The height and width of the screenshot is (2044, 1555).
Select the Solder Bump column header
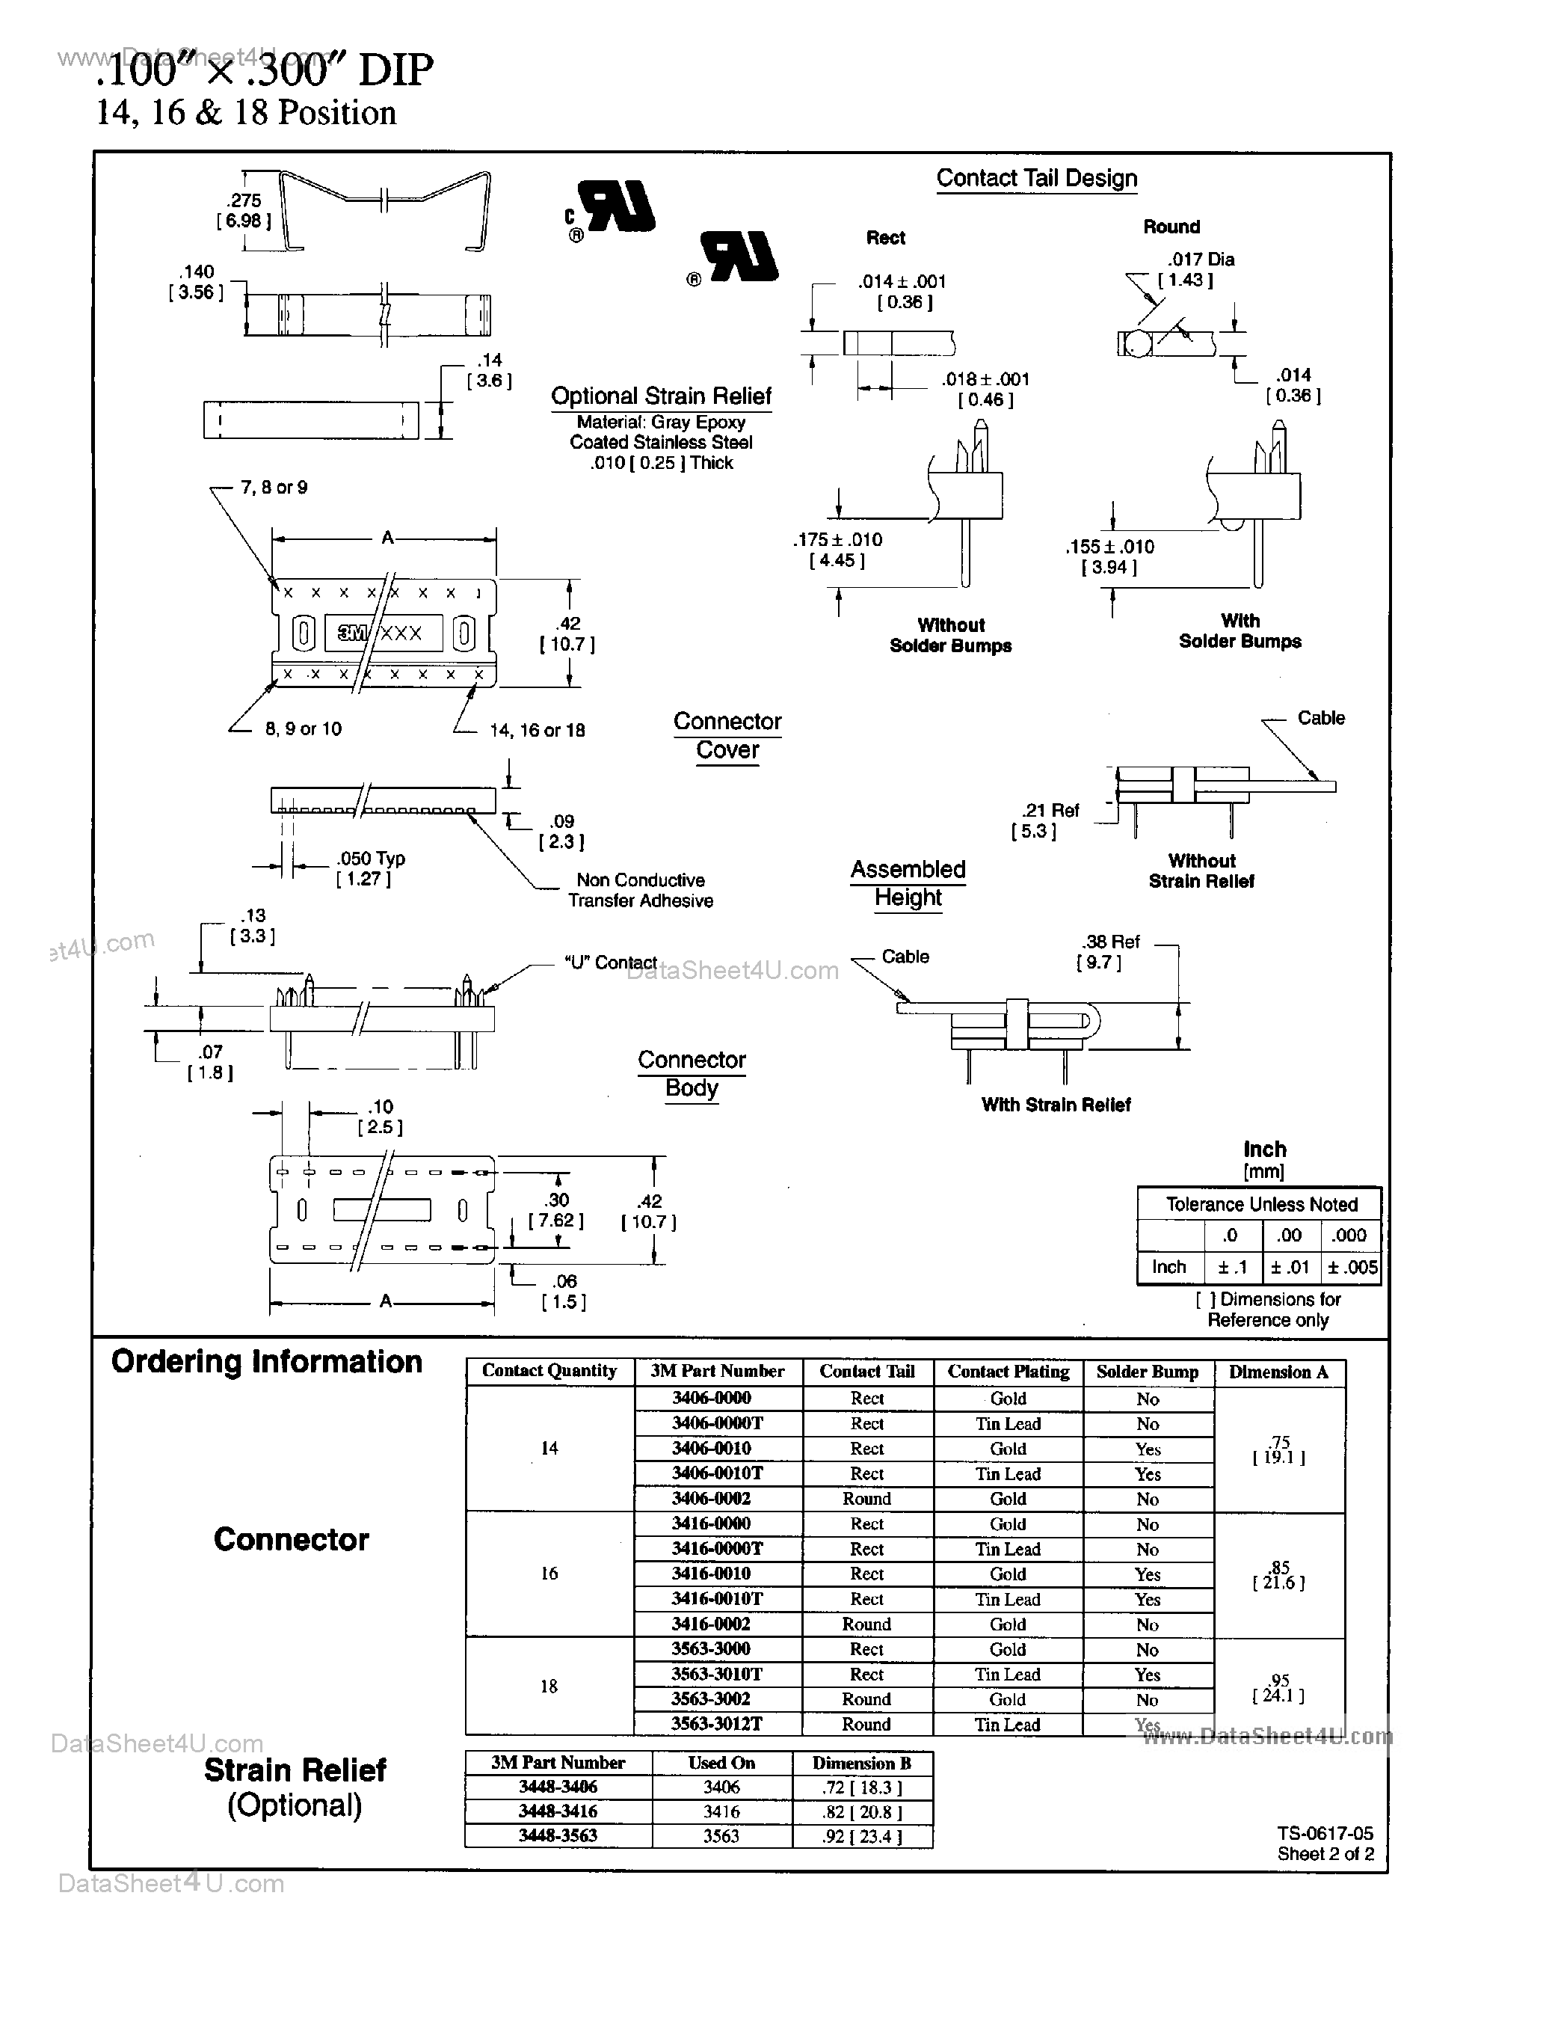1147,1372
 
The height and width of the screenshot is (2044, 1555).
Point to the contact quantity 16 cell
549,1573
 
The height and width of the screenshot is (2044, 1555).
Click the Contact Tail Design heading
1037,178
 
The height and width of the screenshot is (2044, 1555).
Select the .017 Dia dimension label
1200,260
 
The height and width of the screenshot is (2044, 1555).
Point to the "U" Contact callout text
610,963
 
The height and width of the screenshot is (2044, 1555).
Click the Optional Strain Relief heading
661,396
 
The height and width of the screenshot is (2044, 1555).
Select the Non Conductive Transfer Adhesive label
641,889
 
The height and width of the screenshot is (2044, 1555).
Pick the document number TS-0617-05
1325,1833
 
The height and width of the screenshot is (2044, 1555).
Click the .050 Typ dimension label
370,858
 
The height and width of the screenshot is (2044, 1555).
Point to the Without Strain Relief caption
1201,871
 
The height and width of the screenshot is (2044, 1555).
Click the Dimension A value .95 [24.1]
1279,1687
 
